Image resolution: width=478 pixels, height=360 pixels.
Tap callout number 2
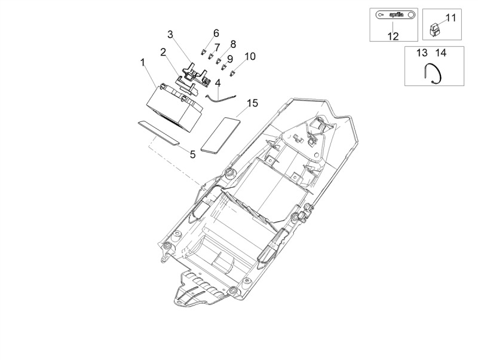click(x=163, y=52)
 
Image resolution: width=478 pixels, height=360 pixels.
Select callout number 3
click(x=170, y=35)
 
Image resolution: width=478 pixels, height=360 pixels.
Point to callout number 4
click(x=217, y=83)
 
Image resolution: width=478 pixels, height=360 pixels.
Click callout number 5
click(x=192, y=154)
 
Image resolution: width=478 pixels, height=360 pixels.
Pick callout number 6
click(x=216, y=33)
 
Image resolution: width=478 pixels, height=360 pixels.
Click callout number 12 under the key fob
click(x=393, y=36)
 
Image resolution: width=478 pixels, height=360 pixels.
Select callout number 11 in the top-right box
click(x=451, y=18)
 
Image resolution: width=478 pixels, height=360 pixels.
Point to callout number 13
click(x=422, y=53)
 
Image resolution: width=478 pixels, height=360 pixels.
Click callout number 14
click(x=441, y=53)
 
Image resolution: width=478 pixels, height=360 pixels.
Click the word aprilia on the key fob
click(x=396, y=14)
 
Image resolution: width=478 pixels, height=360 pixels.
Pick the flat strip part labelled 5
click(x=158, y=132)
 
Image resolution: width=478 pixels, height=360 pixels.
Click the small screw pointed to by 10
click(x=233, y=73)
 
